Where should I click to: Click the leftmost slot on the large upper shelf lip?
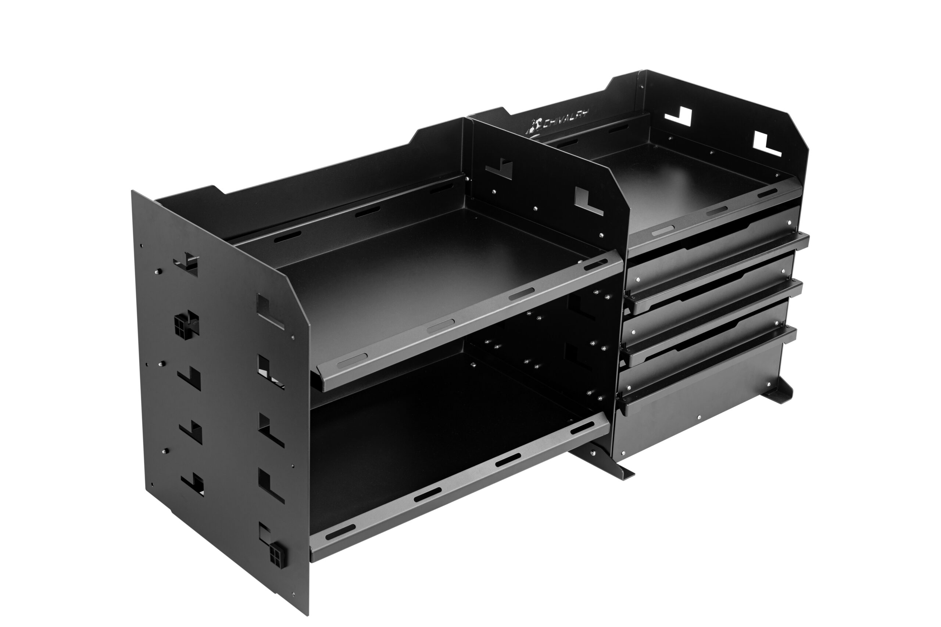coord(352,360)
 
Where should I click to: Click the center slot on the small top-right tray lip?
coord(716,211)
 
